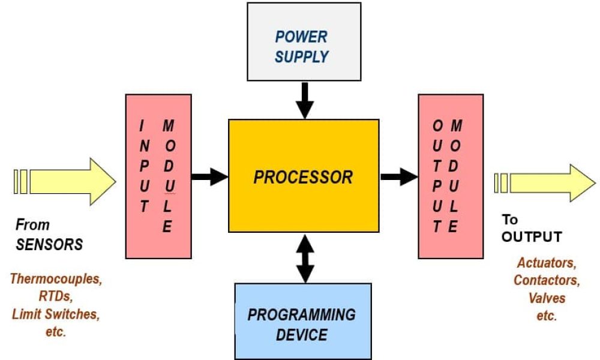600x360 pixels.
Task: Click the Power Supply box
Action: [304, 42]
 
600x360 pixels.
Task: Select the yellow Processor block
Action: [304, 176]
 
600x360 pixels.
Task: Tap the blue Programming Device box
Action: [303, 322]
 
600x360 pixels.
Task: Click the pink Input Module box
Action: [158, 176]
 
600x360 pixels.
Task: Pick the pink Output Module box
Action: [451, 176]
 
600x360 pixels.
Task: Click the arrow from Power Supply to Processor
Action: [305, 100]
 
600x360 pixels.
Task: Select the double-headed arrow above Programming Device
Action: [305, 259]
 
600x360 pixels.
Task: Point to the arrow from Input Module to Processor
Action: [209, 177]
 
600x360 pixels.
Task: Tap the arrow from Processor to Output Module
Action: [399, 177]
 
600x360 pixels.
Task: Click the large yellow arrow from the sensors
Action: [65, 182]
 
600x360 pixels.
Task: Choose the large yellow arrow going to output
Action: [545, 183]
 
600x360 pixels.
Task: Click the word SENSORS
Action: [49, 245]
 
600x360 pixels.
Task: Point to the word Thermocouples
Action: [56, 279]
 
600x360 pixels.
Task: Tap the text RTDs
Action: [56, 296]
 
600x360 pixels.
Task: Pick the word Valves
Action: [547, 298]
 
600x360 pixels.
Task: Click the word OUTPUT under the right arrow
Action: [532, 237]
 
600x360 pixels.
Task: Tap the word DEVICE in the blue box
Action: [302, 335]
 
